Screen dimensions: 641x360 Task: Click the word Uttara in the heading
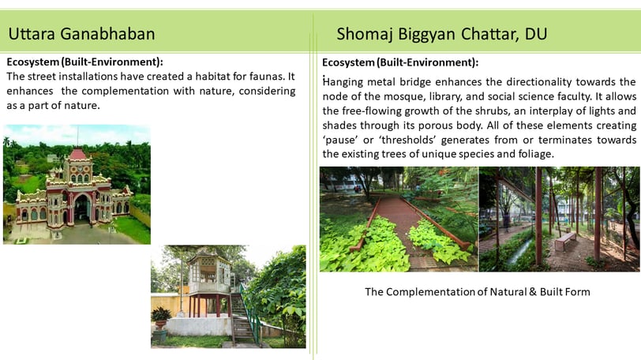pos(32,33)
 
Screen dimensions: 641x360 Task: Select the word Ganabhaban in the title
pos(107,33)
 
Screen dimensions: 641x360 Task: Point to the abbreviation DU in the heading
pos(536,34)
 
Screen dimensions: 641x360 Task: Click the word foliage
pos(534,154)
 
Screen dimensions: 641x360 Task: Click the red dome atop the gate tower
pos(77,154)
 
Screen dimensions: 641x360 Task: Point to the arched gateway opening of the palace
pos(82,208)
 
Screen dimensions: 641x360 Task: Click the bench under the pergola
pos(565,240)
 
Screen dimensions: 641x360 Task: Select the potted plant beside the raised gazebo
pos(161,318)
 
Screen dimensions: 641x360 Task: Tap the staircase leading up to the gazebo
pos(243,319)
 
